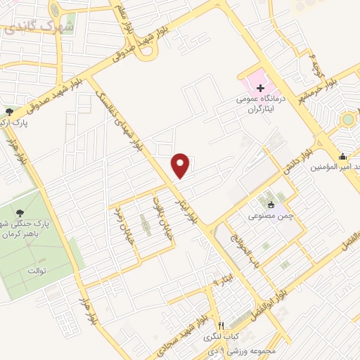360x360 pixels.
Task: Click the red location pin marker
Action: pos(181,165)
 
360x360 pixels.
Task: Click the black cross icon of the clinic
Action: pos(261,89)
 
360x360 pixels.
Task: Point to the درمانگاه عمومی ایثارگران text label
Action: pos(262,105)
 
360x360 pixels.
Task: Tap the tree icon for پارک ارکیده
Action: pos(8,112)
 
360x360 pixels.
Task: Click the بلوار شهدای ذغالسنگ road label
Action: pos(126,120)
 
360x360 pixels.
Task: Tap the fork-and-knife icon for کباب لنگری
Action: pos(220,326)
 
